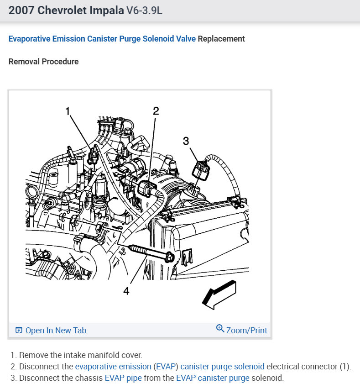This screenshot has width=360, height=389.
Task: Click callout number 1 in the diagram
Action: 68,111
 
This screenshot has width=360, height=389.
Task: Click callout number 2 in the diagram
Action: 156,111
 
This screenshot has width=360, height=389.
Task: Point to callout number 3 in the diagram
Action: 186,141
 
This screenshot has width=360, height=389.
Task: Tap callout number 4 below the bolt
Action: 126,291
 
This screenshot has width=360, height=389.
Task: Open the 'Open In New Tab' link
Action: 56,331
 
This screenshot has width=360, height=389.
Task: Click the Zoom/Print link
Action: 247,330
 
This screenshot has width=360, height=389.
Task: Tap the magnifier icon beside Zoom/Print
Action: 220,329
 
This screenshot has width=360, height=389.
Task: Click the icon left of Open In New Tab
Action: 19,331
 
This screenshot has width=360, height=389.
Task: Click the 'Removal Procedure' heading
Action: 43,62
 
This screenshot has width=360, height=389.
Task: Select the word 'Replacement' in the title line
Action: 221,39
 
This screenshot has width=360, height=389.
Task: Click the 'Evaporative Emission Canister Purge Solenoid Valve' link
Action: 102,39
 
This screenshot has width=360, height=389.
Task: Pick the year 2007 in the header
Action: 21,10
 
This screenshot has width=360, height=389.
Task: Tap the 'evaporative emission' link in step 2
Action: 113,367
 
